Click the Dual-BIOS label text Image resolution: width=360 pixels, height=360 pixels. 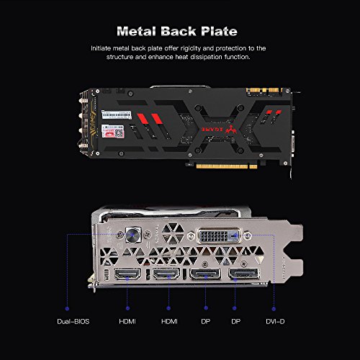click(x=73, y=321)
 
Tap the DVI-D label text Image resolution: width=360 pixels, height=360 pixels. click(x=275, y=321)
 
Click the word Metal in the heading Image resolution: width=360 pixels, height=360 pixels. click(x=136, y=32)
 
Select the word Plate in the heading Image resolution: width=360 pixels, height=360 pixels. click(x=219, y=32)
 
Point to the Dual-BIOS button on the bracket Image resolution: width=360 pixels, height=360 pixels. click(x=133, y=235)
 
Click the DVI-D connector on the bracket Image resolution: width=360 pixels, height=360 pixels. click(x=219, y=235)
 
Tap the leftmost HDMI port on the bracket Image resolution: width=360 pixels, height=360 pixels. click(x=127, y=274)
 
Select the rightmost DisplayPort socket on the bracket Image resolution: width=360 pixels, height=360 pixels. click(x=244, y=274)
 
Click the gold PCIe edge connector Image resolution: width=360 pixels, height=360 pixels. click(x=227, y=166)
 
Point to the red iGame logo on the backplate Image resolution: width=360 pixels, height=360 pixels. click(x=219, y=130)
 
